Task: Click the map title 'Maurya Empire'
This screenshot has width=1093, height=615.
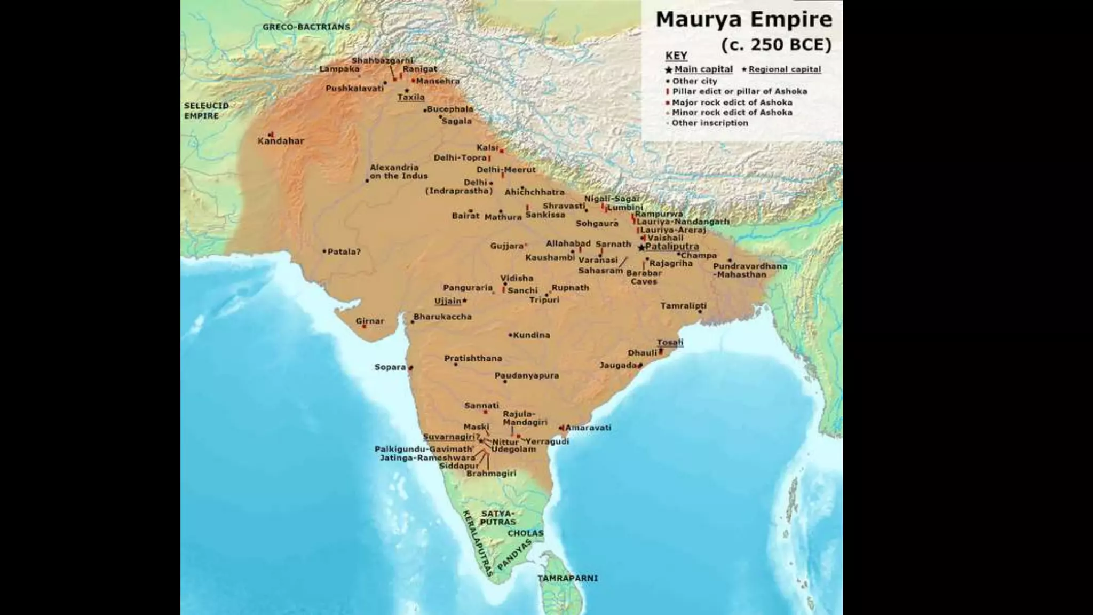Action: click(743, 20)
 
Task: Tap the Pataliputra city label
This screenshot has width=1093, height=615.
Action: click(672, 247)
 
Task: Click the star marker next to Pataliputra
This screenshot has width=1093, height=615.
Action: click(641, 248)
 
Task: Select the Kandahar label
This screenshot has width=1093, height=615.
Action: click(281, 141)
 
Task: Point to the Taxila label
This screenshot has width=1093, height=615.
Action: click(411, 97)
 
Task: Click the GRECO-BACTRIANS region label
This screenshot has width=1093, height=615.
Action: click(306, 27)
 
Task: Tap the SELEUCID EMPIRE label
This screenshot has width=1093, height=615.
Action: click(206, 111)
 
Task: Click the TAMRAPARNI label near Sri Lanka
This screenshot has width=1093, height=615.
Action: click(567, 578)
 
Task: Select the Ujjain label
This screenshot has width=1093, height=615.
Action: click(448, 301)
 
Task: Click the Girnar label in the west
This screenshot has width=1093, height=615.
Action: click(370, 321)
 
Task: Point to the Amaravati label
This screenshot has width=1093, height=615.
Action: click(588, 428)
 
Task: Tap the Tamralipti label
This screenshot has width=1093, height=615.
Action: click(683, 306)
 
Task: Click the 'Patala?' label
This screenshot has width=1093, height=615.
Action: click(344, 251)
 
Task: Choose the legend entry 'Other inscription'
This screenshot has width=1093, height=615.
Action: click(709, 123)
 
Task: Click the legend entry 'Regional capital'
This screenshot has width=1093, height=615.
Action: click(785, 69)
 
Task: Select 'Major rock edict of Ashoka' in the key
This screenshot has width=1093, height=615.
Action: click(732, 102)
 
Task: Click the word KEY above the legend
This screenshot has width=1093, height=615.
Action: click(676, 56)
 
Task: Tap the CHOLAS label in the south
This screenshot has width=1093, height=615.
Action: click(525, 533)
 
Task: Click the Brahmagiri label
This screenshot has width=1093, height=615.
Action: click(491, 474)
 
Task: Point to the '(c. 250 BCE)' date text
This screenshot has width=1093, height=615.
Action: click(776, 45)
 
